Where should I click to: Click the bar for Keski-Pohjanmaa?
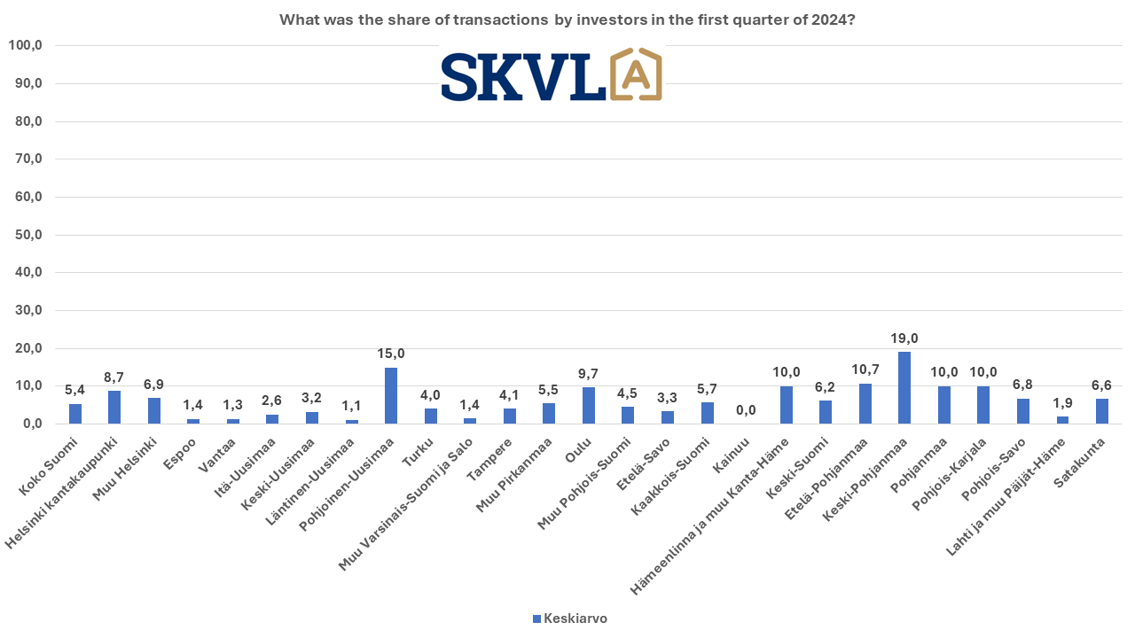[904, 388]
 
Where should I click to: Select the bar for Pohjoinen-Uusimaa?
[391, 396]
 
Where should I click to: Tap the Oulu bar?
[589, 406]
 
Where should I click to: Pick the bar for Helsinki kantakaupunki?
[114, 408]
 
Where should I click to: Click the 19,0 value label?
[904, 338]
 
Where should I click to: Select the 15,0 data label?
[391, 354]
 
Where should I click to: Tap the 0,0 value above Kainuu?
[747, 410]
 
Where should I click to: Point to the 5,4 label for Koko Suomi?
[75, 390]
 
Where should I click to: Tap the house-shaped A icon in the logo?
[636, 74]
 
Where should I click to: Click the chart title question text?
[567, 19]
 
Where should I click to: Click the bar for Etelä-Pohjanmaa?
[865, 404]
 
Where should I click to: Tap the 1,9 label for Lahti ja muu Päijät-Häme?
[1062, 403]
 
